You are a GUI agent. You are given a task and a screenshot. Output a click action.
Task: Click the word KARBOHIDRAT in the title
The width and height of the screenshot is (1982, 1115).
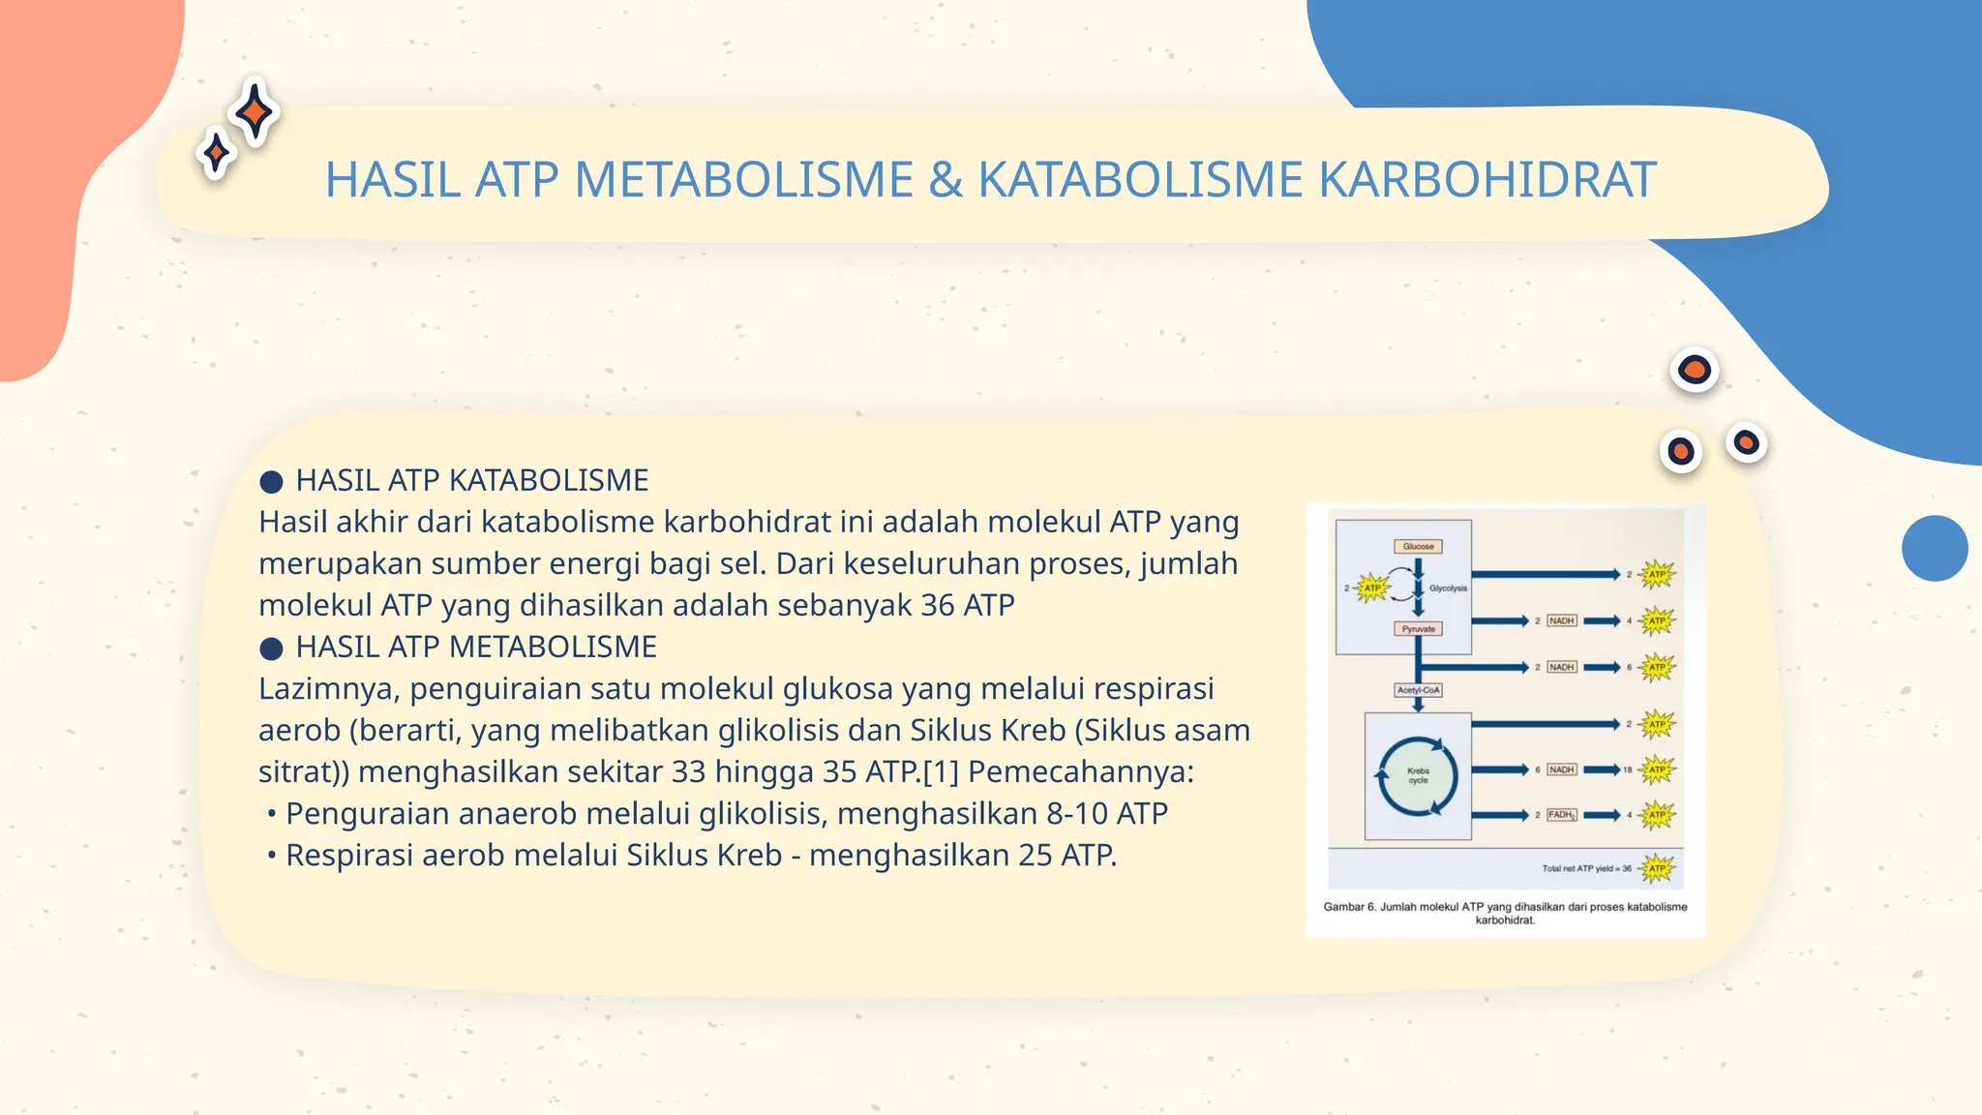point(1487,180)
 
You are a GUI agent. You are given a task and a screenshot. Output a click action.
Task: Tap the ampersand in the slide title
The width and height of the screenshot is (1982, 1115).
point(946,180)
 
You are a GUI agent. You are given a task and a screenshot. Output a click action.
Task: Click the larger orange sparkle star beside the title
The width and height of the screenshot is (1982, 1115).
point(255,112)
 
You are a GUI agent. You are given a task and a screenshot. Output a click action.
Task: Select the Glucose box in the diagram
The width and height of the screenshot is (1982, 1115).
point(1418,546)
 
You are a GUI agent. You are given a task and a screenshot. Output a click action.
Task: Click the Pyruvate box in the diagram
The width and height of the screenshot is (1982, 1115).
point(1418,629)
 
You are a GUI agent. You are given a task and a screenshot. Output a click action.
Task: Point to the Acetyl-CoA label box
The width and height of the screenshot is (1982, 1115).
point(1418,690)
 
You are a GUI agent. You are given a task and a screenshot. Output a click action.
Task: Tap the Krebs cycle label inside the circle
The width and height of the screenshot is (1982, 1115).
point(1418,775)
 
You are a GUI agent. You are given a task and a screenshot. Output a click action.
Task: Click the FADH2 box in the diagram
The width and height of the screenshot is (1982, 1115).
point(1561,815)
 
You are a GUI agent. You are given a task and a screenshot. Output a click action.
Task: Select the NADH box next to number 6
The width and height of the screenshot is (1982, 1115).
point(1561,769)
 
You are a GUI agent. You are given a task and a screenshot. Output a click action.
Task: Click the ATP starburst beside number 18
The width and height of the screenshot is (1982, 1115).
point(1657,769)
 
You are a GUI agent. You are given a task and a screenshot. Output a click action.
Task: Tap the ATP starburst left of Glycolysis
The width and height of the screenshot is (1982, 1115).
point(1372,588)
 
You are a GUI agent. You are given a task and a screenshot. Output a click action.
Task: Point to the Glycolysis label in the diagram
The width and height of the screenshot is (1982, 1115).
point(1448,588)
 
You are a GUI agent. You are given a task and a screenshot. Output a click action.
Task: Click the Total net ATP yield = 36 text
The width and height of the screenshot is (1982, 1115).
point(1586,868)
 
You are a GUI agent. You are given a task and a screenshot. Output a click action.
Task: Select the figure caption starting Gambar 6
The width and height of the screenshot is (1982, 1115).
point(1505,913)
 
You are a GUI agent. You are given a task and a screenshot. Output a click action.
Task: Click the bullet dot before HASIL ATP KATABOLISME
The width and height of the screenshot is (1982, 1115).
point(271,481)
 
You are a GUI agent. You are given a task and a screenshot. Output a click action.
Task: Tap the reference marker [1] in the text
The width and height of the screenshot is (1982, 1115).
point(940,772)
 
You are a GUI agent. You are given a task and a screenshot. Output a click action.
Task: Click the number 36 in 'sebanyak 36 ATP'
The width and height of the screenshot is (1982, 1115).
point(938,606)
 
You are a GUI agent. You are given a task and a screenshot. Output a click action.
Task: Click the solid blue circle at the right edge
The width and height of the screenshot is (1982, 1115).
point(1934,548)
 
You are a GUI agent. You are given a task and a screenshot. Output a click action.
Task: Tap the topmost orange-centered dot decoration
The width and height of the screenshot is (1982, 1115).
point(1694,370)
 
